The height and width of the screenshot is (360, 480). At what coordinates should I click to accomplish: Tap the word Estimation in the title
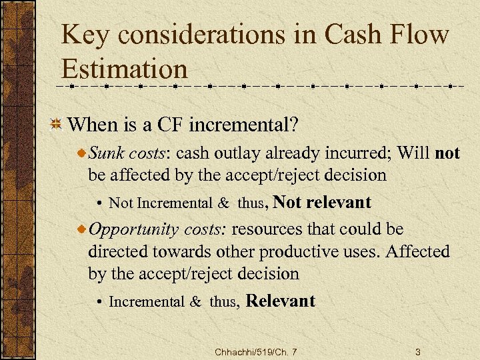tap(125, 69)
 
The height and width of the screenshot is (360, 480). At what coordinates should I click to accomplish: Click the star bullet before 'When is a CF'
tap(57, 124)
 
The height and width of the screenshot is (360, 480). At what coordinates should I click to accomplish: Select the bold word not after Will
tap(447, 153)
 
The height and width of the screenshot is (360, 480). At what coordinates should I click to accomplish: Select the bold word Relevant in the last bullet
tap(281, 301)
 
